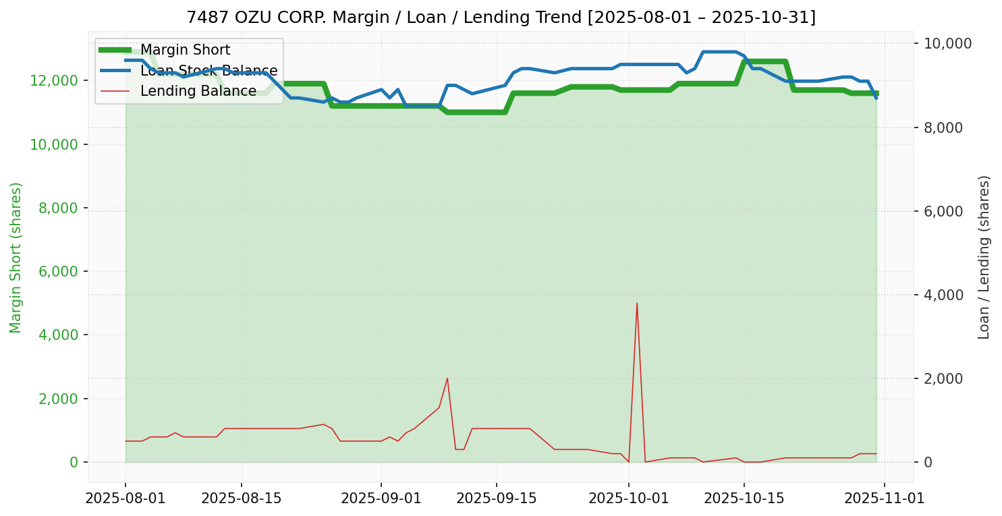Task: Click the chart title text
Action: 501,17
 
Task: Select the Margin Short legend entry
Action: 185,50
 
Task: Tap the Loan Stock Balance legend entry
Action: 208,71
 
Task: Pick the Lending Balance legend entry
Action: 198,91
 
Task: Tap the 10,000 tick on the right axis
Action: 947,44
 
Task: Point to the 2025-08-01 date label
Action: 126,498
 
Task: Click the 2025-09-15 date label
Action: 497,498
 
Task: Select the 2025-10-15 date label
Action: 744,498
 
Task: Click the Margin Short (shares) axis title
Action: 16,258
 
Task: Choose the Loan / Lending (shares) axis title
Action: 984,258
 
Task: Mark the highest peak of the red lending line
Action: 637,303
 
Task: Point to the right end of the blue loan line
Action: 876,98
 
